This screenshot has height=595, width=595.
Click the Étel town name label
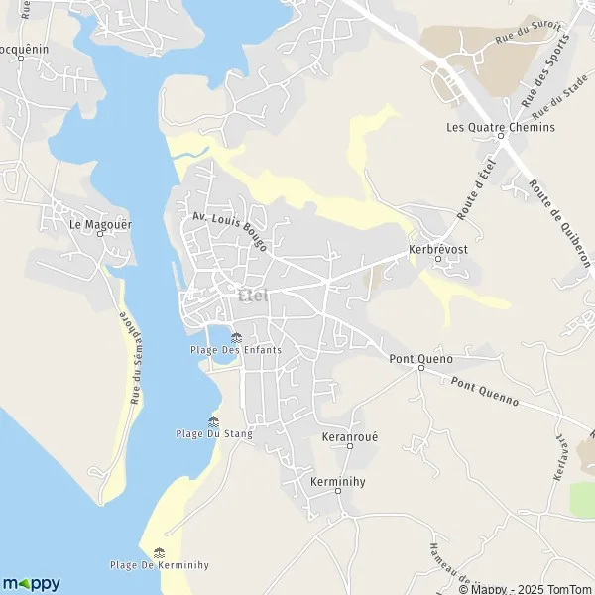point(255,294)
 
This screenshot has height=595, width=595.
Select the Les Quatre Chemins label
point(501,127)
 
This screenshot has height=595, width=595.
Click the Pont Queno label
point(421,358)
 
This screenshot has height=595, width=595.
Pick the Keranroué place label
point(350,436)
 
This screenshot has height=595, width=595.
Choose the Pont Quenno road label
point(485,391)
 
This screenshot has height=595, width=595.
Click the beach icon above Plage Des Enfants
point(236,337)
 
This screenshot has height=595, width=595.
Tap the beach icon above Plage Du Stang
point(213,421)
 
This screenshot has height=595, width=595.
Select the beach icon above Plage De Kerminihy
point(159,553)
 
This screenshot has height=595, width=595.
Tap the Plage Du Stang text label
point(213,434)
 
